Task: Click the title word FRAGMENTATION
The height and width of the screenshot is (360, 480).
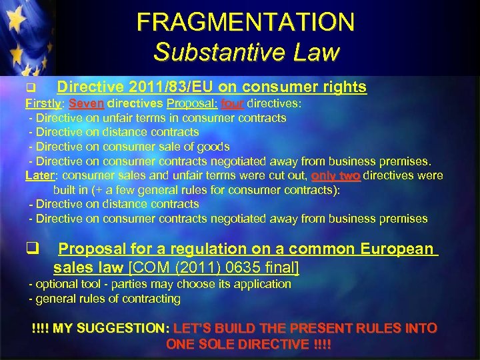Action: [x=245, y=22]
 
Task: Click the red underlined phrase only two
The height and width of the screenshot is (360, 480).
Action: [x=336, y=175]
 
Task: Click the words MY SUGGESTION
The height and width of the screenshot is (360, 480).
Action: [x=111, y=328]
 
